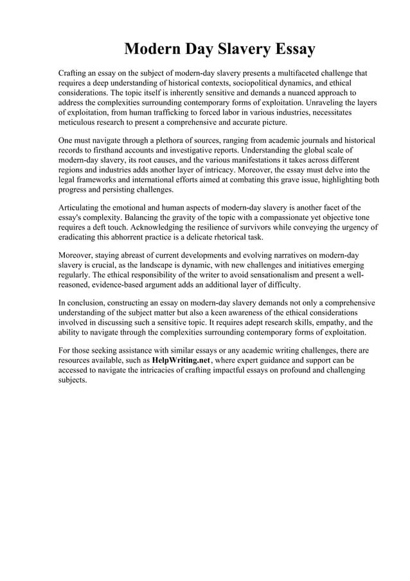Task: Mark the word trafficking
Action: [x=170, y=112]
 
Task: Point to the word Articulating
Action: [x=83, y=208]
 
